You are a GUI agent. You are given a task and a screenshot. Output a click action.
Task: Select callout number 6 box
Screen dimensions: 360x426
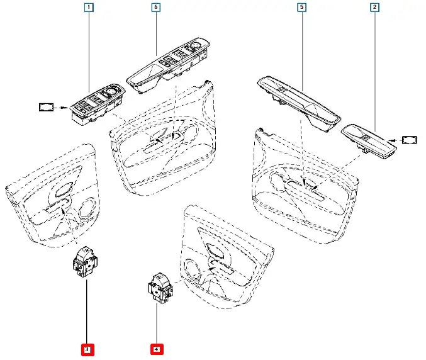(155, 8)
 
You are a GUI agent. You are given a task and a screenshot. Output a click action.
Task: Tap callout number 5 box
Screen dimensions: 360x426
(301, 8)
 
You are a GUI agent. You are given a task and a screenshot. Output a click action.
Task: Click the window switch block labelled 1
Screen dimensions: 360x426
(98, 104)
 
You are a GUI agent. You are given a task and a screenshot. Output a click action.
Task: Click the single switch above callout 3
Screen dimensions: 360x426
(83, 261)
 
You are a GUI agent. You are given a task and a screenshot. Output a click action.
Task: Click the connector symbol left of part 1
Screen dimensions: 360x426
(47, 108)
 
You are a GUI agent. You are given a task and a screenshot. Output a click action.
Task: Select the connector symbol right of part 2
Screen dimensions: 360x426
(410, 140)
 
